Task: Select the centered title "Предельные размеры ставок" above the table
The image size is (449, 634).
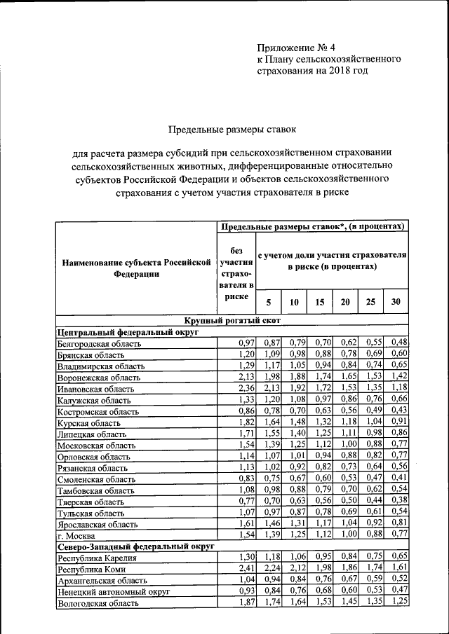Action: [x=232, y=130]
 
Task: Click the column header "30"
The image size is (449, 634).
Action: [x=396, y=302]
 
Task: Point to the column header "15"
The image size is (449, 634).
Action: [x=319, y=302]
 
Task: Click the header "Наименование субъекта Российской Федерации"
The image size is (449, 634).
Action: [x=136, y=268]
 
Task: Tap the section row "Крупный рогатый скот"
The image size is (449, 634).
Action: [x=232, y=320]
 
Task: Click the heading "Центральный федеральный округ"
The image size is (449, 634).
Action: [x=125, y=332]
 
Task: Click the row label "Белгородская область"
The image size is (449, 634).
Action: [x=100, y=344]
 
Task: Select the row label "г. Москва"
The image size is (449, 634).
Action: [x=75, y=535]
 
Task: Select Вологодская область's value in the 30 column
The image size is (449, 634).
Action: [x=399, y=602]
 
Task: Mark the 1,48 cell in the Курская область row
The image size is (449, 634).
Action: [x=294, y=422]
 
